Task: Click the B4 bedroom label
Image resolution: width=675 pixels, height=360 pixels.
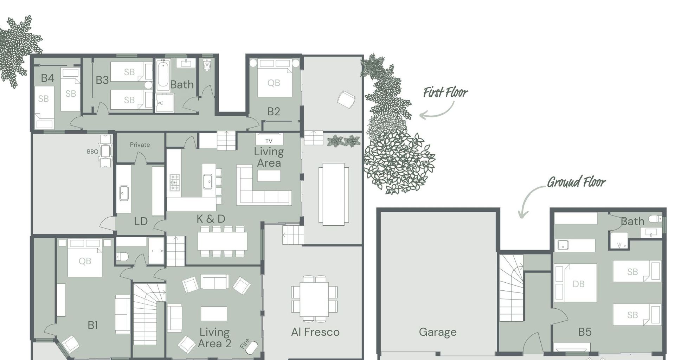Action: coord(47,78)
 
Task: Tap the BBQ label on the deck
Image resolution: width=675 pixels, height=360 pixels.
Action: coord(92,152)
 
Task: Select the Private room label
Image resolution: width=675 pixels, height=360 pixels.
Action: coord(140,144)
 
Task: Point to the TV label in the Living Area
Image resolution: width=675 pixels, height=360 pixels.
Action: coord(269,141)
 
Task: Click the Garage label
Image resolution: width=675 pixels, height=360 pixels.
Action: coord(438,332)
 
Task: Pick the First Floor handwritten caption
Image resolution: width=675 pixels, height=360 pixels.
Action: coord(445,92)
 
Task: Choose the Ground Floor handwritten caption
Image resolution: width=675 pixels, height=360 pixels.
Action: coord(577,182)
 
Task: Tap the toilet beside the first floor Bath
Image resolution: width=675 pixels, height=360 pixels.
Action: coord(207,65)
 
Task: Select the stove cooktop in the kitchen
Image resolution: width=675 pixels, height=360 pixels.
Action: coord(175,182)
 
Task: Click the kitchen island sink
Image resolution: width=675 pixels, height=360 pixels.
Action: coord(208,181)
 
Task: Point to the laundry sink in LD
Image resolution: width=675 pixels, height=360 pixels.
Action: coord(124,193)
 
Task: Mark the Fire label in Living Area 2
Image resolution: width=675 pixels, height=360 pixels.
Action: coord(245,343)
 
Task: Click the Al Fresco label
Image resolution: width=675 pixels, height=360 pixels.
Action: coord(315,332)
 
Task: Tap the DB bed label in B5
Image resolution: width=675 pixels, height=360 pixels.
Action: coord(578,284)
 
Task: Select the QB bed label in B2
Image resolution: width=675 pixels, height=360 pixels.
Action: coord(274,83)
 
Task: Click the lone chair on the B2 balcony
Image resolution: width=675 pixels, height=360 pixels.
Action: coord(346,99)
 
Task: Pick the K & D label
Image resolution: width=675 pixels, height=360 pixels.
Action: coord(211,219)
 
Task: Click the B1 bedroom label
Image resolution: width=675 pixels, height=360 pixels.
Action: coord(92,325)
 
